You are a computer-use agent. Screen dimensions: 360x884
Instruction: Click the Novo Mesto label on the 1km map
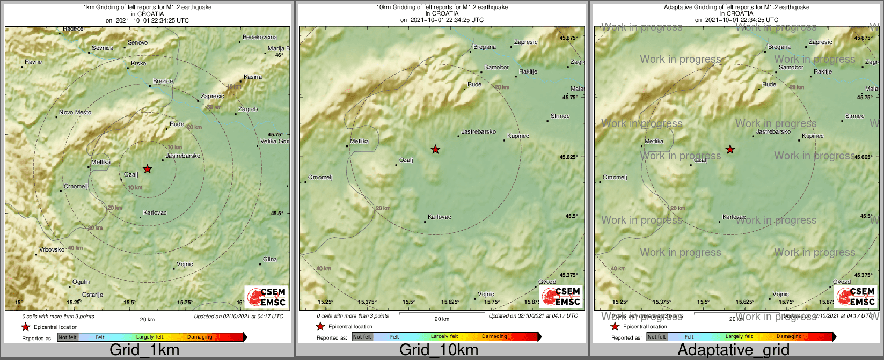[75, 113]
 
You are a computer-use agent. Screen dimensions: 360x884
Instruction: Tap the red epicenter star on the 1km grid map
[148, 169]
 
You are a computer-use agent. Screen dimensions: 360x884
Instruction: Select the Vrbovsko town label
[52, 250]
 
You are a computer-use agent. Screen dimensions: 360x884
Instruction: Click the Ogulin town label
[81, 282]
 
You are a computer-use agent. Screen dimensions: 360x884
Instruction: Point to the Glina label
[270, 260]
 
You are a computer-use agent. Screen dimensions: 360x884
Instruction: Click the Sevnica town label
[102, 48]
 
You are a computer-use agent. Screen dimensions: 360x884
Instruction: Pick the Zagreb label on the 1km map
[248, 109]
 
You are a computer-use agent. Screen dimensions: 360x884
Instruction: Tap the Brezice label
[163, 82]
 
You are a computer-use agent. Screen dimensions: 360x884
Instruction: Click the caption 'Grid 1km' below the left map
[144, 350]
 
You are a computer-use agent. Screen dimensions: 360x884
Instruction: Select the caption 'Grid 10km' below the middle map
[439, 350]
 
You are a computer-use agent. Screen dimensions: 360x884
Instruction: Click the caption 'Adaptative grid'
[733, 350]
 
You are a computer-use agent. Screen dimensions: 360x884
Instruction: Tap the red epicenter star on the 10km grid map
[435, 149]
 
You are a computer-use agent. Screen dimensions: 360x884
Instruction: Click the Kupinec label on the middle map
[518, 136]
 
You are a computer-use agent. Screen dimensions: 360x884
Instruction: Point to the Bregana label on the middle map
[485, 47]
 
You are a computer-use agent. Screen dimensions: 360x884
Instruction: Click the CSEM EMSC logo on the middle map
[561, 296]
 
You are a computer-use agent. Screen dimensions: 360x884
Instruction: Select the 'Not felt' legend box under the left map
[68, 337]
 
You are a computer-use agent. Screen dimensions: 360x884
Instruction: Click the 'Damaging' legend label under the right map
[789, 337]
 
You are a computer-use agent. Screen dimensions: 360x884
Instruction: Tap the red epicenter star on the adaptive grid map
[730, 149]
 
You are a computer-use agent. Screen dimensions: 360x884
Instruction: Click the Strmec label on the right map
[855, 116]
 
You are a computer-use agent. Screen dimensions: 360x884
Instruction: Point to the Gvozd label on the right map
[842, 282]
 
